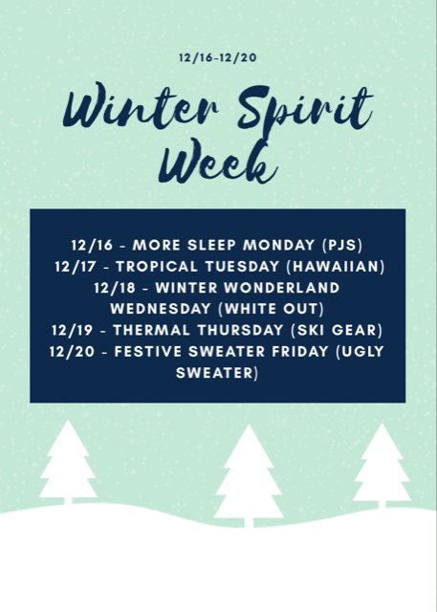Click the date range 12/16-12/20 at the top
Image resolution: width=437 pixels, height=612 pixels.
coord(218,57)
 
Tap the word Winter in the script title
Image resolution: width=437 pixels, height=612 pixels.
coord(141,106)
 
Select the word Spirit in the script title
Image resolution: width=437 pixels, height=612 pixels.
coord(305,109)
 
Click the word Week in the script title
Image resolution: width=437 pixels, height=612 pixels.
coord(218,162)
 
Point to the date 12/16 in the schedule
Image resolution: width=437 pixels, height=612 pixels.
coord(92,245)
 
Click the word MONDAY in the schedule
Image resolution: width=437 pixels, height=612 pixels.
coord(278,245)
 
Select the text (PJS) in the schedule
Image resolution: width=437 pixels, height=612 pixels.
coord(342,245)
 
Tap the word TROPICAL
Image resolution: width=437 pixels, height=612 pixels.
coord(157,266)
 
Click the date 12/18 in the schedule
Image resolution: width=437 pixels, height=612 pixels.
coord(115,288)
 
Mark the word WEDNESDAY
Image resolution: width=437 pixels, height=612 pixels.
coord(161,309)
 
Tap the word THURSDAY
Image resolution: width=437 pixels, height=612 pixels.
coord(240,330)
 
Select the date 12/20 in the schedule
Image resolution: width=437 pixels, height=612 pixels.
coord(72,351)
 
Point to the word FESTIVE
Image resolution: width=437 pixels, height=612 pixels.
coord(148,351)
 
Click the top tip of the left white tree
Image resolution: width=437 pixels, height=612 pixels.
coord(68,421)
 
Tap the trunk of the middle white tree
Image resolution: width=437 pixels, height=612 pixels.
coord(249,523)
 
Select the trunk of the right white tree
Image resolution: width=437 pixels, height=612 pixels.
coord(382,505)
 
